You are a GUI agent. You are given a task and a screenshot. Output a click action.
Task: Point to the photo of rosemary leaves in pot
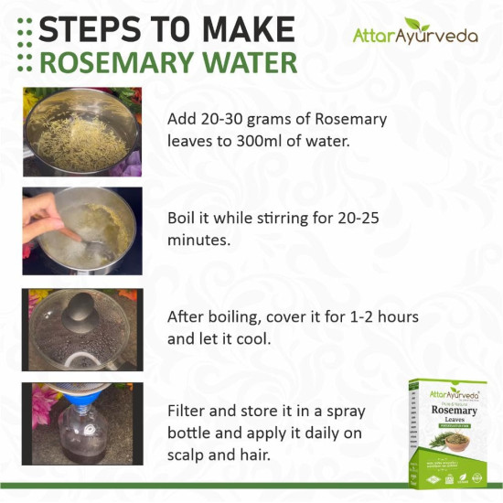(x=82, y=132)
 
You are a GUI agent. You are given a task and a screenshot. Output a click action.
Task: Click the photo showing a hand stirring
(x=82, y=230)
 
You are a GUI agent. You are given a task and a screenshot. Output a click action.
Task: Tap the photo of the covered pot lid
(x=82, y=329)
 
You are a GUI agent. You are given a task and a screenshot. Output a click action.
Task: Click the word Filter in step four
(x=186, y=411)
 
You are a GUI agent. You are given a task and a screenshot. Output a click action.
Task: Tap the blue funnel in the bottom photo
(x=69, y=395)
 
